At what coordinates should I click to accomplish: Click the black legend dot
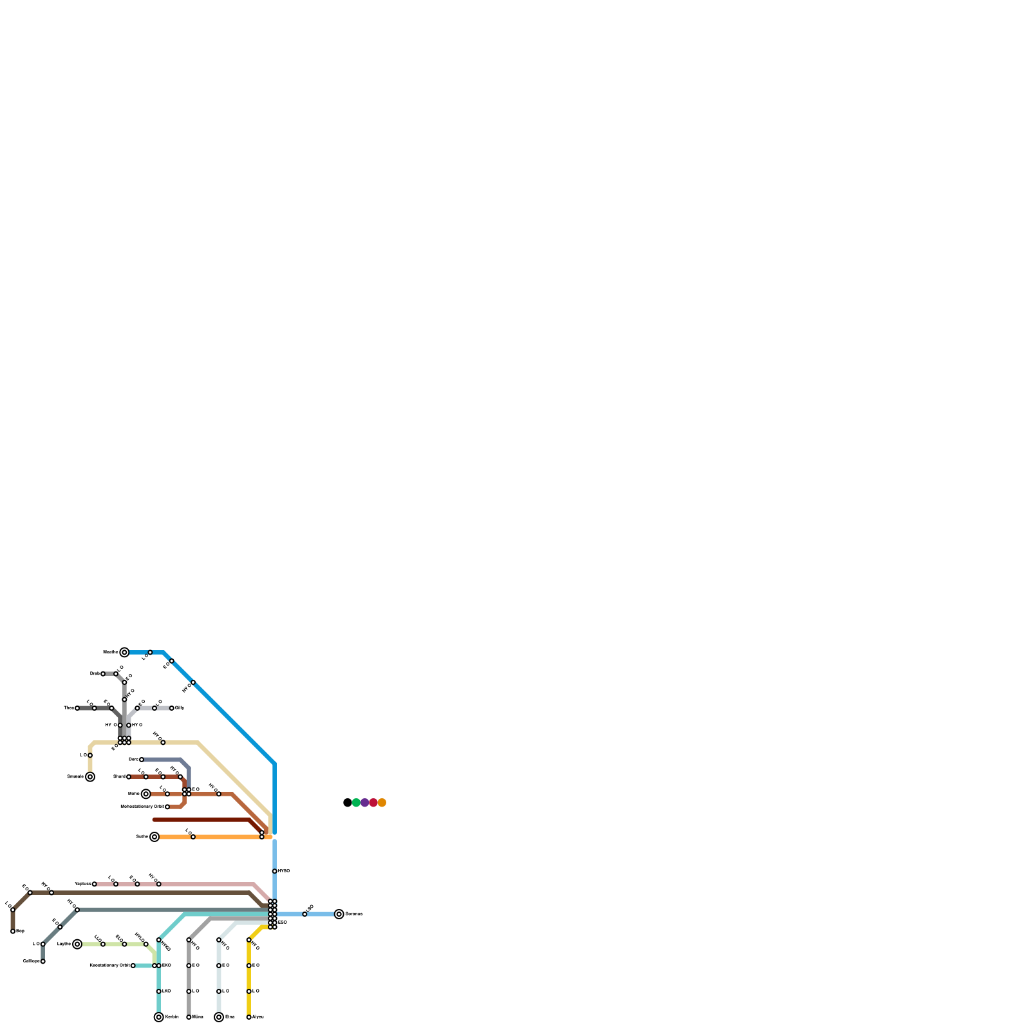[x=348, y=803]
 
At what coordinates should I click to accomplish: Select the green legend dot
[x=356, y=803]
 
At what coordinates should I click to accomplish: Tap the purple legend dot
[x=365, y=803]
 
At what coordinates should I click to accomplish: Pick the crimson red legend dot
[x=373, y=803]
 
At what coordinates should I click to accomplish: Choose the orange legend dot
[x=382, y=803]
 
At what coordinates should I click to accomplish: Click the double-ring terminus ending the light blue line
[x=339, y=914]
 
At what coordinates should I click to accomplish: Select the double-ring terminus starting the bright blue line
[x=124, y=653]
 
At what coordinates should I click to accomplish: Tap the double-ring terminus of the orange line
[x=154, y=837]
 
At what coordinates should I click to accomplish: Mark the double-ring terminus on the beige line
[x=90, y=777]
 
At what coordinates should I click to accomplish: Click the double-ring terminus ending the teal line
[x=159, y=1017]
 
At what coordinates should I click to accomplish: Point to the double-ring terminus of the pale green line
[x=77, y=944]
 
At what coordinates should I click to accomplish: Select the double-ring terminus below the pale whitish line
[x=219, y=1017]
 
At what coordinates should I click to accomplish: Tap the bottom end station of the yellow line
[x=249, y=1017]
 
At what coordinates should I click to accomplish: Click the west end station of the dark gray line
[x=77, y=708]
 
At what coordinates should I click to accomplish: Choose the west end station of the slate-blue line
[x=142, y=760]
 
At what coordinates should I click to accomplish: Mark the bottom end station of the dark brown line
[x=13, y=932]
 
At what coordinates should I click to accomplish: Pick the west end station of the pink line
[x=95, y=884]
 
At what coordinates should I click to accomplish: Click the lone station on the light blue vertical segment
[x=275, y=871]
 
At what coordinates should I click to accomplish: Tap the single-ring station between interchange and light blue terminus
[x=304, y=914]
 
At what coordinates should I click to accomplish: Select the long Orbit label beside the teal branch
[x=109, y=966]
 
